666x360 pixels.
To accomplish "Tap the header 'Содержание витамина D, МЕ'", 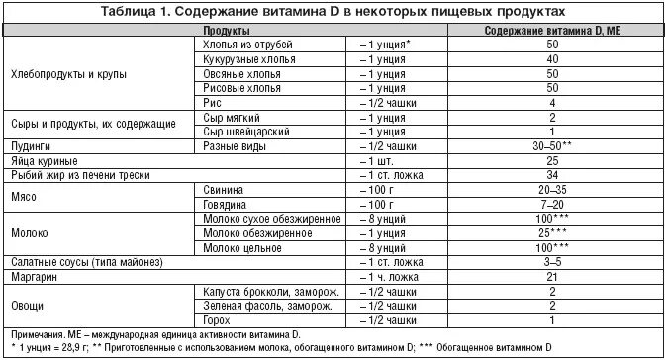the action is click(552, 32).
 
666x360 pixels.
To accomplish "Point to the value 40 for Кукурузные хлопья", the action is click(552, 60).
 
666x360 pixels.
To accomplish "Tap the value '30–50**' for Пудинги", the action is click(552, 145).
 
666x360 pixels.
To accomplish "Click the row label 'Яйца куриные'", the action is click(43, 160).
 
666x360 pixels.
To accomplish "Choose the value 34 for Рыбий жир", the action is click(552, 174).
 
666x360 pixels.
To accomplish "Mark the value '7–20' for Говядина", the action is click(552, 203).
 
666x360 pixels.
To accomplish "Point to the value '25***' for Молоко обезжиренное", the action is click(552, 231).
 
